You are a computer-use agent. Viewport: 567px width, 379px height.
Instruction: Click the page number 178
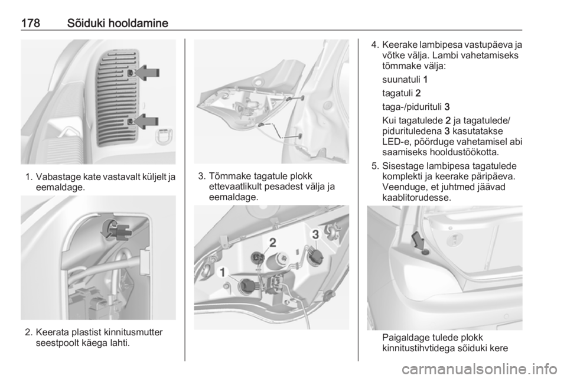point(30,23)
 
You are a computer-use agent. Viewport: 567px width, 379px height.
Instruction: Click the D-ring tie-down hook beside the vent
point(163,136)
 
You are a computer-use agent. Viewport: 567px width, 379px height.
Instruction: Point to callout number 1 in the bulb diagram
point(223,272)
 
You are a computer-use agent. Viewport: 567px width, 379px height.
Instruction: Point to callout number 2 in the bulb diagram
point(273,242)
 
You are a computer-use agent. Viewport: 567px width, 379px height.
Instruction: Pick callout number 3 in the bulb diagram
point(315,234)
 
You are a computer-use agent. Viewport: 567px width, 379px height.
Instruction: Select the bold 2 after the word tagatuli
point(418,93)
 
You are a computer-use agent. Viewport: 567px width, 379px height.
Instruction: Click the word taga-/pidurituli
point(412,107)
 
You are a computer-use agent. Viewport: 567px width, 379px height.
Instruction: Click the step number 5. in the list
point(376,166)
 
